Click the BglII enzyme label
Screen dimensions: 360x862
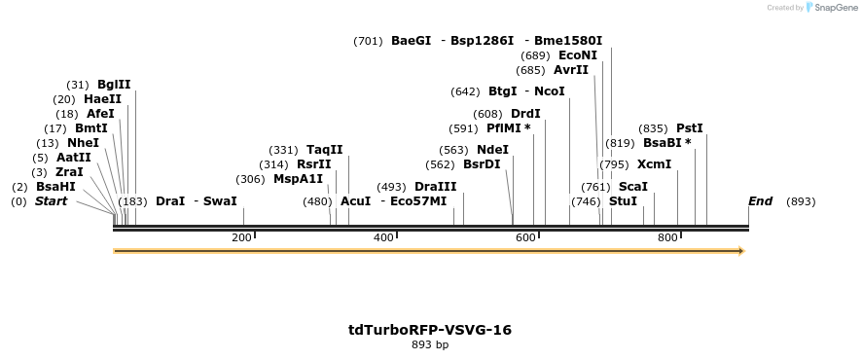[114, 85]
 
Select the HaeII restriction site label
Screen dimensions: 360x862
[102, 99]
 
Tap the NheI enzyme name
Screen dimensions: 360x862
[83, 143]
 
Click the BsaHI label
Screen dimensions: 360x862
[55, 187]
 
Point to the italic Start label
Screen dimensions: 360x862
[52, 201]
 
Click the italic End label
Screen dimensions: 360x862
[760, 201]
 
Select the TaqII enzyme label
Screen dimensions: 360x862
[324, 150]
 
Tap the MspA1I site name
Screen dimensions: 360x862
[298, 179]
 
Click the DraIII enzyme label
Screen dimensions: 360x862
[435, 187]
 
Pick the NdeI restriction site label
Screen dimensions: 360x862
[492, 150]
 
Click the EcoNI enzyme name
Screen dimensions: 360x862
[578, 55]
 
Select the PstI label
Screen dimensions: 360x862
[689, 128]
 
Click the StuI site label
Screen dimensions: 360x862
[623, 201]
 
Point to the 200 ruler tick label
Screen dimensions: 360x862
[241, 238]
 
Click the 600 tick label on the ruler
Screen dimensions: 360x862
[525, 238]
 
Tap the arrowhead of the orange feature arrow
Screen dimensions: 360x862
[741, 251]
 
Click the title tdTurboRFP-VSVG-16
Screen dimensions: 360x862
[430, 330]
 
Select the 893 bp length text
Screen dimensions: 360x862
[430, 345]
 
